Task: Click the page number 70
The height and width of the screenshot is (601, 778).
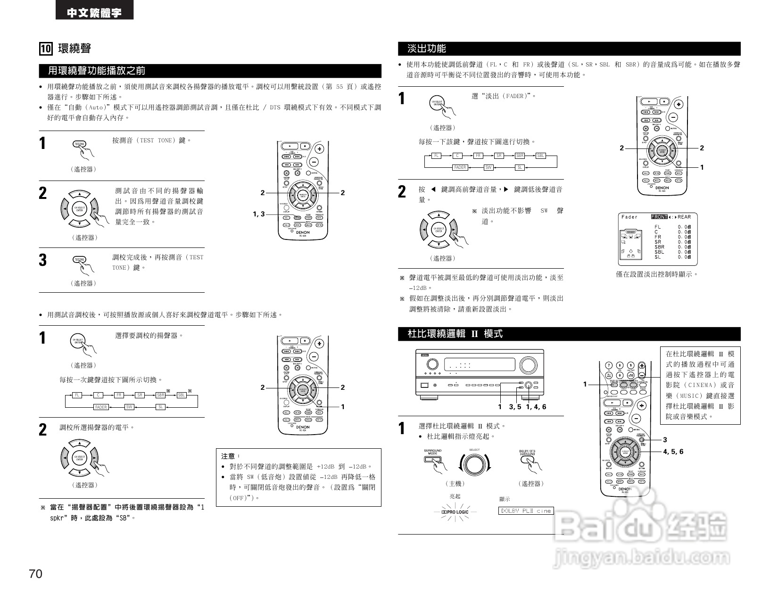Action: [36, 574]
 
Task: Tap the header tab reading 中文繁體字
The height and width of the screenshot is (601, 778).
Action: [94, 12]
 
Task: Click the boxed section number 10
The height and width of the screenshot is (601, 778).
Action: [46, 49]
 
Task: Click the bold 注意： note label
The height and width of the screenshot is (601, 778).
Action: [231, 456]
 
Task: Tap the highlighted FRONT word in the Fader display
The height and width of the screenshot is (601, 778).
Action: [659, 217]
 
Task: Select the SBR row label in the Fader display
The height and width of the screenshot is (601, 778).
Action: [659, 247]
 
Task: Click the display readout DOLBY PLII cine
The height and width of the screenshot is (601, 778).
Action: [526, 510]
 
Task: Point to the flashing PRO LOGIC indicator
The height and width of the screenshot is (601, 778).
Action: [455, 512]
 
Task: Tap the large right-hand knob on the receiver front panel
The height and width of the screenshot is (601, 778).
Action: [528, 365]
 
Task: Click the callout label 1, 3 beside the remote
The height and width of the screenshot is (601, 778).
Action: [259, 214]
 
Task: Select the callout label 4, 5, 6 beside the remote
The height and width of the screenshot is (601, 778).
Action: [673, 452]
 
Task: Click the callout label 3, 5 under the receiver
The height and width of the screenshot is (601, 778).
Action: [515, 407]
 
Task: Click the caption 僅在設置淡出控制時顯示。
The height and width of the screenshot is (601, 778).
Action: [657, 274]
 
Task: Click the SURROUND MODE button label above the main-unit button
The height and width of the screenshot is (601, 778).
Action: [432, 452]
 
